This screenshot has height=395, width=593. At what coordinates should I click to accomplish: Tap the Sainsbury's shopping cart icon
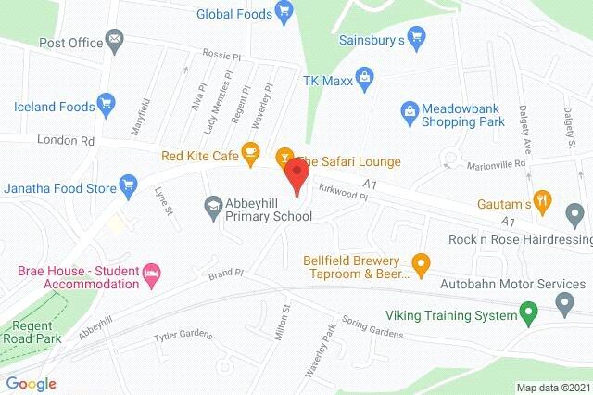point(419,41)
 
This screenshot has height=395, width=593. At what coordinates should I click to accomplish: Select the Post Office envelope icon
point(114,41)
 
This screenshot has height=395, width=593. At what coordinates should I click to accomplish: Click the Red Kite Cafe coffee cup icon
point(249,152)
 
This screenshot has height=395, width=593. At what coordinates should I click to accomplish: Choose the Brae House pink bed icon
point(152,274)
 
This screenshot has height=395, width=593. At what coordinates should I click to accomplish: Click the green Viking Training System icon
point(528,314)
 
